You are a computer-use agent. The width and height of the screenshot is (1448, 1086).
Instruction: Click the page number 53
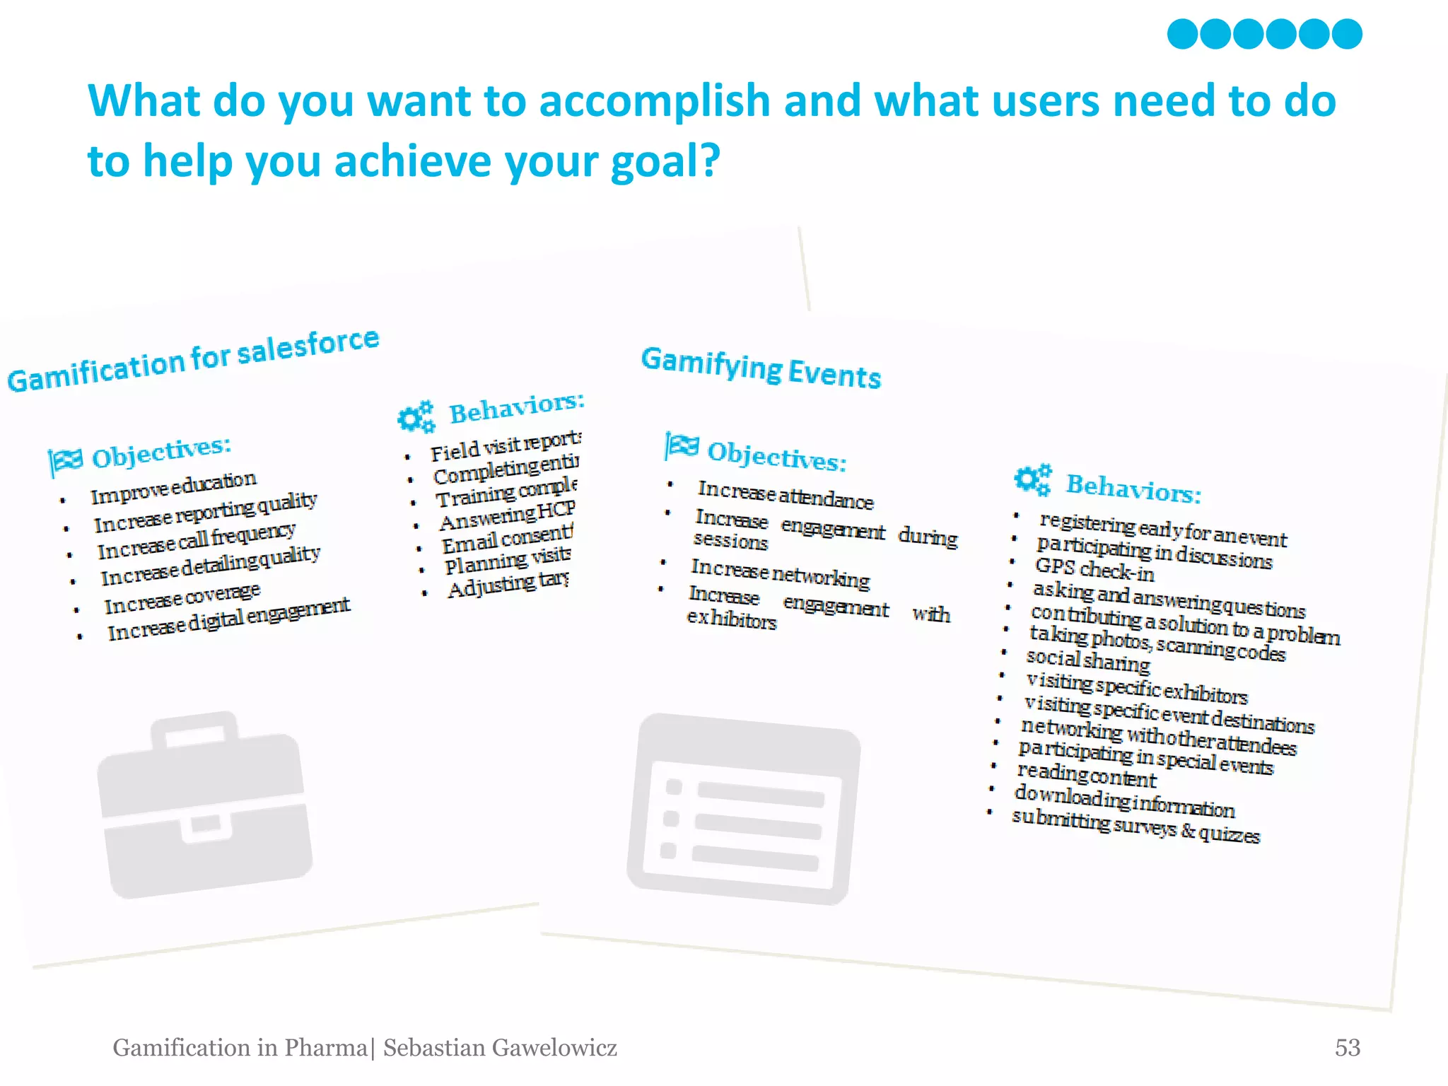click(1347, 1047)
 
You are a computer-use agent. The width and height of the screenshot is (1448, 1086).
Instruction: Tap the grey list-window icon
click(743, 809)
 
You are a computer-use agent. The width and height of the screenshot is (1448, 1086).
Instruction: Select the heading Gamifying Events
click(761, 368)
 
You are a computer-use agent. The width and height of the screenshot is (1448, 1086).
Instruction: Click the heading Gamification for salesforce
click(193, 360)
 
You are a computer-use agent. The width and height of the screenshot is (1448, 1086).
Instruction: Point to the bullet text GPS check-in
click(1094, 569)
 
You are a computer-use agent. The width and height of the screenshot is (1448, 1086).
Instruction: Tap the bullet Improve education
click(173, 487)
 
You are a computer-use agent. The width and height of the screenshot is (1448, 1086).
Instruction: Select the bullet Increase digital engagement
click(228, 619)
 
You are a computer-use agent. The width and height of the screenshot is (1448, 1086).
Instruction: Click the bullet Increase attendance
click(785, 494)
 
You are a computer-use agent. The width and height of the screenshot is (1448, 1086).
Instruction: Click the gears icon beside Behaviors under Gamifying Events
click(1032, 480)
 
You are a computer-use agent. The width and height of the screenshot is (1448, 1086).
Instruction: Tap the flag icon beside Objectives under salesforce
click(66, 460)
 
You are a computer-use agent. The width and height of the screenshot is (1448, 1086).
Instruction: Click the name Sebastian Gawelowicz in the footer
click(500, 1047)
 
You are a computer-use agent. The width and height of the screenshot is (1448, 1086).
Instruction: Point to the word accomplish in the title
click(654, 100)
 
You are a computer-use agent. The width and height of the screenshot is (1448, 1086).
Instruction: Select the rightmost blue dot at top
click(1346, 34)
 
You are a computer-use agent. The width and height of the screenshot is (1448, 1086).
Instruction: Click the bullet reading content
click(1086, 776)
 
